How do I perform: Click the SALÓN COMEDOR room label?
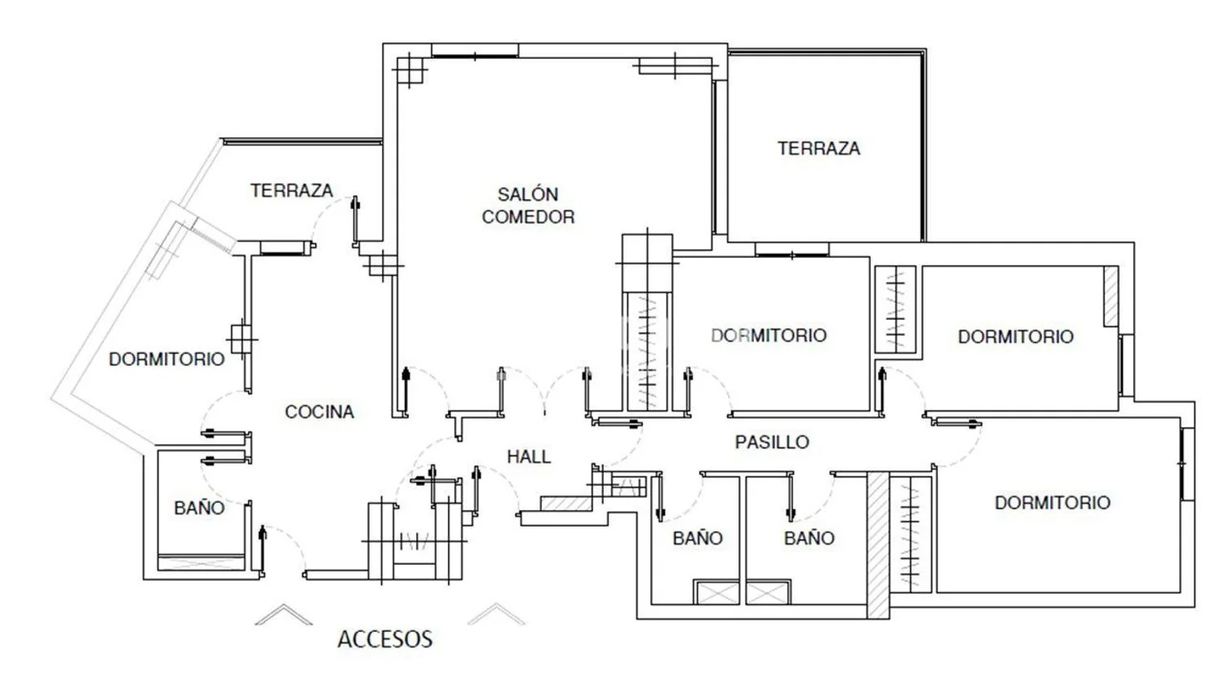(x=528, y=206)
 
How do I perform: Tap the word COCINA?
(x=320, y=411)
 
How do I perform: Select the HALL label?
(x=529, y=456)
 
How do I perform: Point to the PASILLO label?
(x=772, y=442)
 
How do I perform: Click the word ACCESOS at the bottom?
(x=385, y=638)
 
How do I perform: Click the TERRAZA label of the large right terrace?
(x=818, y=149)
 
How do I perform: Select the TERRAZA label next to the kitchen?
(x=292, y=190)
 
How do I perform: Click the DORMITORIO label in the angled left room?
(x=166, y=359)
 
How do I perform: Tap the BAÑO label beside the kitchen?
(x=199, y=508)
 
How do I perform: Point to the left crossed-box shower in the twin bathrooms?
(x=716, y=593)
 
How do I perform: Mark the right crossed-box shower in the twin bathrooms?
(x=769, y=593)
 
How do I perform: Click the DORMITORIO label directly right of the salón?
(x=769, y=336)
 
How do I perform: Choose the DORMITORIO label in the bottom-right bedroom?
(x=1053, y=503)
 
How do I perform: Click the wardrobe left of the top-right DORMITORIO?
(x=895, y=309)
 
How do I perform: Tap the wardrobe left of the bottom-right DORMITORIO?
(x=911, y=534)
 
